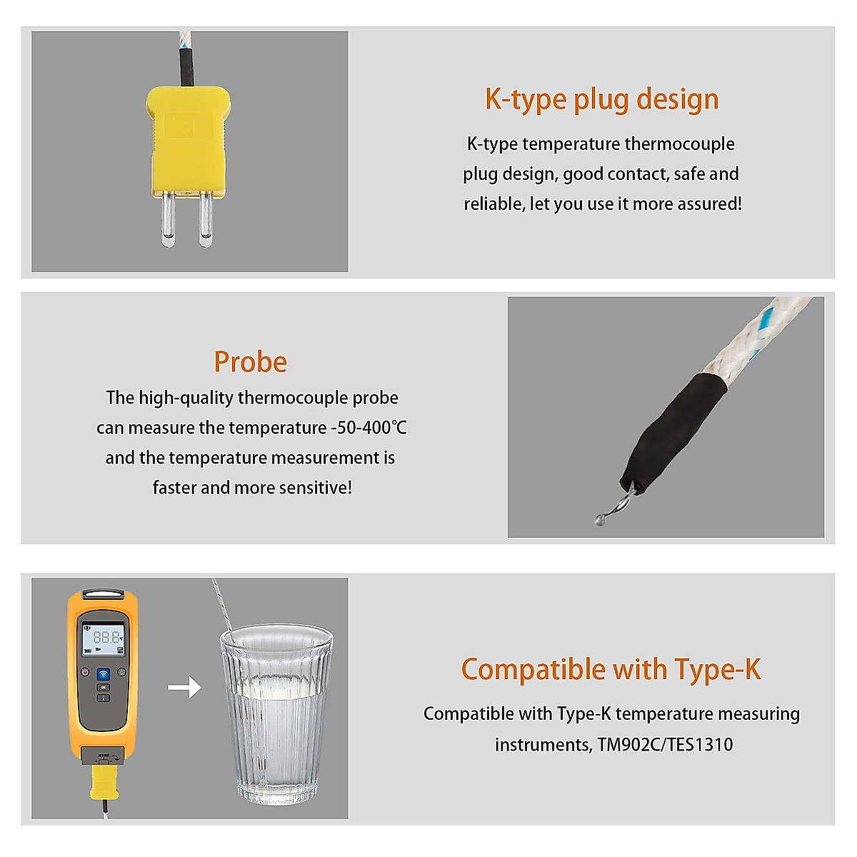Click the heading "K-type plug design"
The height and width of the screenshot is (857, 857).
(x=601, y=99)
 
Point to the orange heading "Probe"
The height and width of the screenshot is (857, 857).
(x=251, y=362)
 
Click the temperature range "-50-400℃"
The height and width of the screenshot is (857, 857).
(x=369, y=428)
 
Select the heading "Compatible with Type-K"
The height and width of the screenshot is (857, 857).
(x=611, y=670)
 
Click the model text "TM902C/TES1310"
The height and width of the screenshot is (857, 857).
(x=665, y=745)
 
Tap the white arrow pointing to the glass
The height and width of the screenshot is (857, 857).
(x=184, y=688)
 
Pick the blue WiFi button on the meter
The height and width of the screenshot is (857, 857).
(x=103, y=674)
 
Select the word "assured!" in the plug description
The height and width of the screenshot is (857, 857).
(x=709, y=204)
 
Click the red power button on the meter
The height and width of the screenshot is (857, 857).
(x=85, y=672)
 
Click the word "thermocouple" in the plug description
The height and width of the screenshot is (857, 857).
(x=679, y=144)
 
